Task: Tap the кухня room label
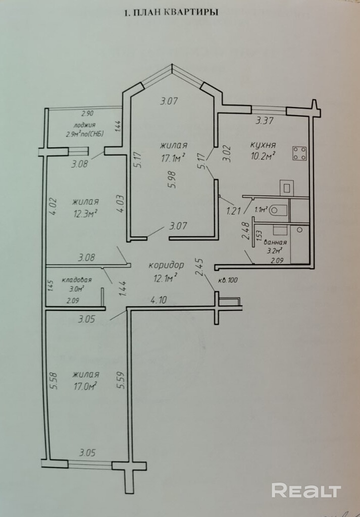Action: (x=263, y=145)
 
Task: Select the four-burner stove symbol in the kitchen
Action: (x=300, y=153)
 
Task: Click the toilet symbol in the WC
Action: (x=279, y=209)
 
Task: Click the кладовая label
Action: (x=76, y=280)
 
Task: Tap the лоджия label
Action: (x=85, y=125)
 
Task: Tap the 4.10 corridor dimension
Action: (x=159, y=300)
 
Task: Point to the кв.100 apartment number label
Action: (x=228, y=281)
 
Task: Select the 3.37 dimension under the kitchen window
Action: (x=265, y=121)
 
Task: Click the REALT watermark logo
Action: (x=306, y=490)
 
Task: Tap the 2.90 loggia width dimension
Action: (x=88, y=114)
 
